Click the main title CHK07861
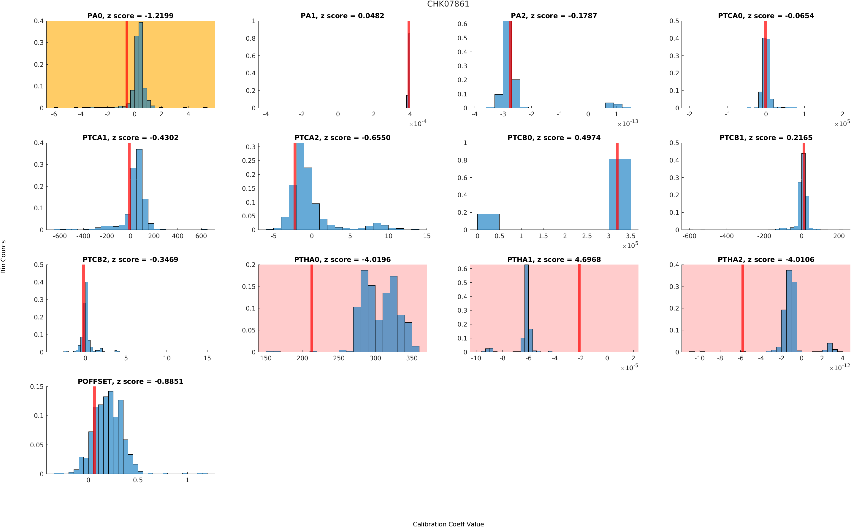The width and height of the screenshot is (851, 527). pyautogui.click(x=448, y=4)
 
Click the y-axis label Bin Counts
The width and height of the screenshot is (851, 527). pyautogui.click(x=4, y=257)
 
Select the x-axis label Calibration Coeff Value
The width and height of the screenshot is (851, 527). pyautogui.click(x=448, y=524)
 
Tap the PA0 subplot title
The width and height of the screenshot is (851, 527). pyautogui.click(x=130, y=16)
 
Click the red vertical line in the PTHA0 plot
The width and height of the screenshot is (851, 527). pyautogui.click(x=311, y=308)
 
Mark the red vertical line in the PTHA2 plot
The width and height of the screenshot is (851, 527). pyautogui.click(x=743, y=308)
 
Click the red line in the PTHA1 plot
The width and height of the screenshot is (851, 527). pyautogui.click(x=579, y=308)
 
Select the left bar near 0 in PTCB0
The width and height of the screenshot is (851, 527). pyautogui.click(x=488, y=222)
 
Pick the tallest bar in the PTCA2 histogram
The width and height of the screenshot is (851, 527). pyautogui.click(x=300, y=186)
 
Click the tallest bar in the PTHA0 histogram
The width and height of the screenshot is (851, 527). pyautogui.click(x=364, y=311)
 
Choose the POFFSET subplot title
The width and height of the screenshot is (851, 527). pyautogui.click(x=130, y=381)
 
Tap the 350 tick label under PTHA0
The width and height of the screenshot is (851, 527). pyautogui.click(x=411, y=358)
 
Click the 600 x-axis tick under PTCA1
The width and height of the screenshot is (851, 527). pyautogui.click(x=201, y=236)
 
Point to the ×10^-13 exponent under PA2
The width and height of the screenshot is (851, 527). pyautogui.click(x=627, y=123)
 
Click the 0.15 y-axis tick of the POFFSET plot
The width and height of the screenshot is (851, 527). pyautogui.click(x=37, y=386)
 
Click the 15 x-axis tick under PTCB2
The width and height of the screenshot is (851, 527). pyautogui.click(x=207, y=358)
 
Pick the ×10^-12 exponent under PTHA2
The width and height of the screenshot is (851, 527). pyautogui.click(x=839, y=367)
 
